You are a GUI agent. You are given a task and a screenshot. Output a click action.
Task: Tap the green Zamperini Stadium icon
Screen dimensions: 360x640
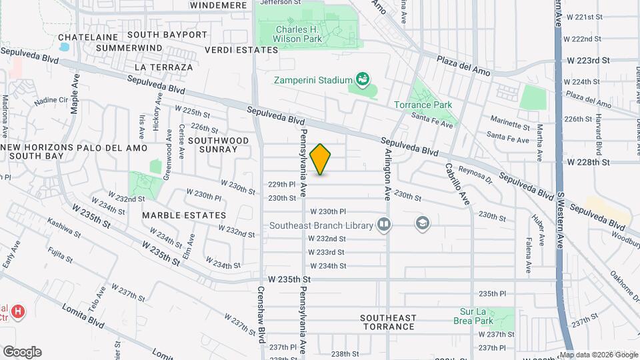click(x=363, y=80)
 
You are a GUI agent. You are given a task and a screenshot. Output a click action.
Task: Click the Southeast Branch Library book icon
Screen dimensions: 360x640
click(x=383, y=225)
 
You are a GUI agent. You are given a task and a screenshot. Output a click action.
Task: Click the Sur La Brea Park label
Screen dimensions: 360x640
click(x=484, y=316)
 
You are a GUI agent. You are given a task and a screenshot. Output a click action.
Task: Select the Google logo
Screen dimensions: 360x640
click(x=22, y=352)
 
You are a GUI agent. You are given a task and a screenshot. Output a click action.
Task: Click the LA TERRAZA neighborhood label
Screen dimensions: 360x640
click(x=163, y=67)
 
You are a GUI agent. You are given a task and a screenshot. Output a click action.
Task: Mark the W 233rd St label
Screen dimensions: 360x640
click(x=327, y=252)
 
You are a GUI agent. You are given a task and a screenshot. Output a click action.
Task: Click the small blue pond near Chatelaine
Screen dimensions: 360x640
click(x=64, y=48)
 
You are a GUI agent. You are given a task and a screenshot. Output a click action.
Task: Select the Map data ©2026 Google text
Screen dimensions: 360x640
click(x=599, y=355)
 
